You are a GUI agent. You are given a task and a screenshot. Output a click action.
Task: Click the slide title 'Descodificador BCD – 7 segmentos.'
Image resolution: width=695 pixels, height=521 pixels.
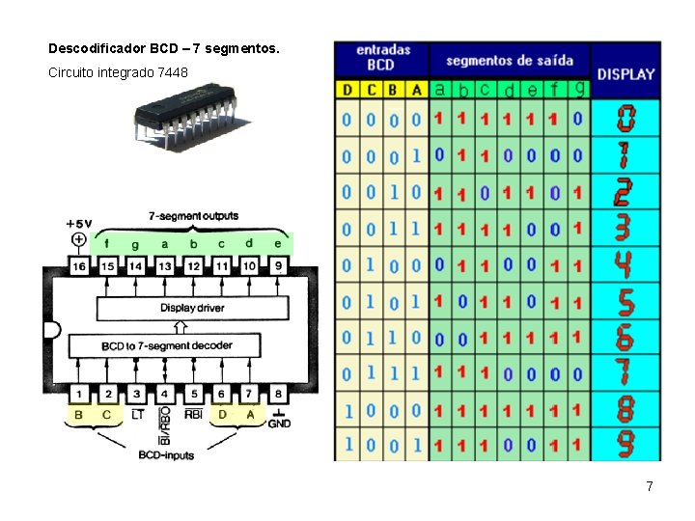tap(163, 47)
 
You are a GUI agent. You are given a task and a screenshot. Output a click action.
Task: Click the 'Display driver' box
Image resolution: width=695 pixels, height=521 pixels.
tap(192, 309)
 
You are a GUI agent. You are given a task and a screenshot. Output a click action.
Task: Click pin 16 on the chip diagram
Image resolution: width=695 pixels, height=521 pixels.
tap(79, 265)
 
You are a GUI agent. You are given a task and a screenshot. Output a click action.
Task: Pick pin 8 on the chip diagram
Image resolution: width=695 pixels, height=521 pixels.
tap(278, 393)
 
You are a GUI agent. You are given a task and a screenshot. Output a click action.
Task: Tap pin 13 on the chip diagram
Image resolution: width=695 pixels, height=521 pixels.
tap(165, 265)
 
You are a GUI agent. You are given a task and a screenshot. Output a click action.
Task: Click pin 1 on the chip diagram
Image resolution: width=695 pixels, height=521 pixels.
tap(79, 393)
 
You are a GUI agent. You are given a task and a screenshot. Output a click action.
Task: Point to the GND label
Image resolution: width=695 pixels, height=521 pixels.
tap(279, 423)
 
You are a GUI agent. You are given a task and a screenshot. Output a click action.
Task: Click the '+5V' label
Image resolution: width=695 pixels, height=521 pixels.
tap(79, 223)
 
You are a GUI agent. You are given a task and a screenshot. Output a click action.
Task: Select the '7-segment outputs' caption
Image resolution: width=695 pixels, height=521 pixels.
tap(193, 216)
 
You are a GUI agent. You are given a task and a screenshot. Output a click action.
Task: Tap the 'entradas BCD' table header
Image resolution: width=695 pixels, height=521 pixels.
tap(381, 57)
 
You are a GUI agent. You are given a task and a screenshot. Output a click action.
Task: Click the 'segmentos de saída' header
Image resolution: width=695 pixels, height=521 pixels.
tap(509, 60)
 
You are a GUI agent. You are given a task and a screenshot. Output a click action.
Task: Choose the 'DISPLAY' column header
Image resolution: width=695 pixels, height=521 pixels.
tap(625, 73)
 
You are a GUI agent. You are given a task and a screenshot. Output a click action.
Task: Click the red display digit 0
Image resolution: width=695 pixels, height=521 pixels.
tap(625, 119)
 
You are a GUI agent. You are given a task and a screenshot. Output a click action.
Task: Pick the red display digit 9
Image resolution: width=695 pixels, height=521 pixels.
tap(625, 444)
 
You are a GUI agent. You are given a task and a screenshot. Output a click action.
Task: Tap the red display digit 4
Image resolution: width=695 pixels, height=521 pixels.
tap(625, 263)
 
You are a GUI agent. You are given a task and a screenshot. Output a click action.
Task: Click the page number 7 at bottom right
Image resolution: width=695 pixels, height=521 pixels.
tap(650, 486)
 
